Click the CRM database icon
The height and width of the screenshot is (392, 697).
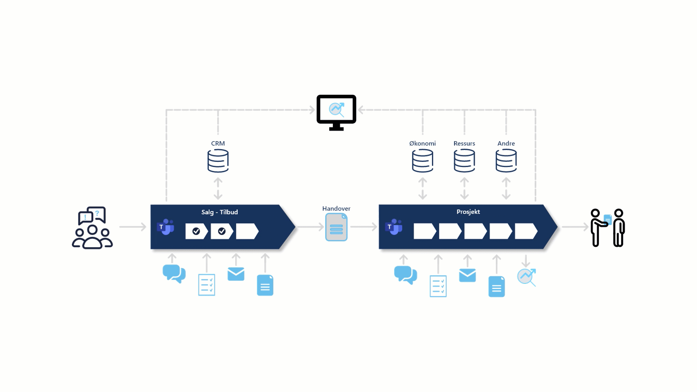pos(218,161)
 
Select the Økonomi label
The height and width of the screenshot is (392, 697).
pos(422,143)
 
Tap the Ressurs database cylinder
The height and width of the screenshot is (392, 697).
pos(464,161)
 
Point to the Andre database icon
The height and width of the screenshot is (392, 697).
pos(506,161)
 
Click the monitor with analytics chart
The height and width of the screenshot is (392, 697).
pos(336,112)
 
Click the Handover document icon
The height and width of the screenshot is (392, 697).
pos(336,227)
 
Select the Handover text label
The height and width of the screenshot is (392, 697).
pos(336,208)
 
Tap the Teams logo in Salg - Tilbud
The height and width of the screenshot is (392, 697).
pos(166,227)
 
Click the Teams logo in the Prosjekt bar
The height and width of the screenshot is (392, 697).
pos(394,227)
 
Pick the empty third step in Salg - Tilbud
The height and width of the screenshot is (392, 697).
pos(247,231)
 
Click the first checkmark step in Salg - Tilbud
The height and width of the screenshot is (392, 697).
pos(196,231)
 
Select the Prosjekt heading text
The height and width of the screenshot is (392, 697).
pos(468,212)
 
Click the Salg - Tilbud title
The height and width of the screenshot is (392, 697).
pos(220,212)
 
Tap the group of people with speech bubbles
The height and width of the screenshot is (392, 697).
pos(92,228)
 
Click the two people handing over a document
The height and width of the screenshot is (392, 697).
pos(607,228)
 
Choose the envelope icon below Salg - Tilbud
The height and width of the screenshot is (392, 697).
pos(236,274)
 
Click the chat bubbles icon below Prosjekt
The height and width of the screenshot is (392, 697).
pos(405,275)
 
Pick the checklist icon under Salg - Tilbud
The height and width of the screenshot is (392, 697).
pos(207,285)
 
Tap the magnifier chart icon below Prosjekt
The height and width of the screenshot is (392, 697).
pos(527,277)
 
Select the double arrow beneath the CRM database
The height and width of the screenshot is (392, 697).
pos(218,189)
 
